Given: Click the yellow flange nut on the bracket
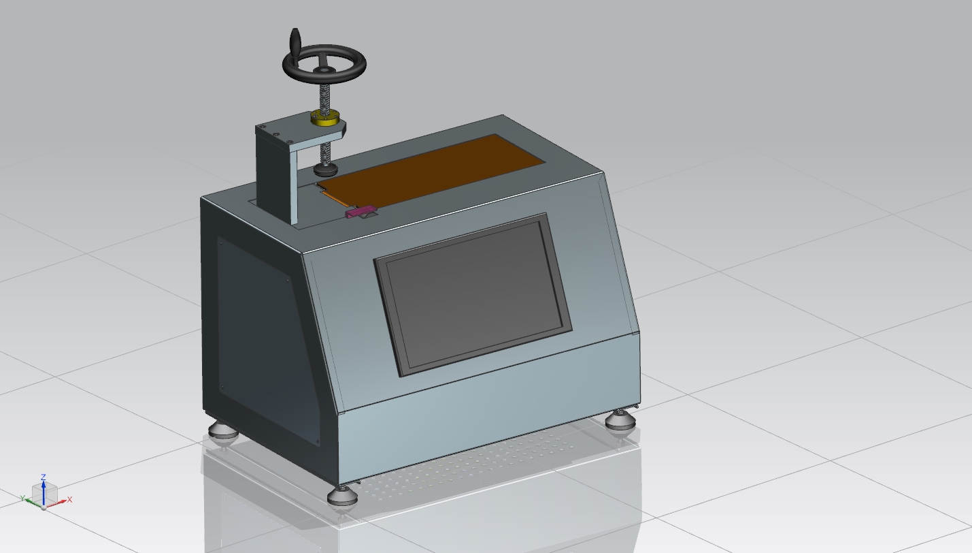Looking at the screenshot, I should (326, 118).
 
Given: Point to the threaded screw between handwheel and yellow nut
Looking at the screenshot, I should (326, 94).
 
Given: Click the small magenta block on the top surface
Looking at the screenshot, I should (359, 211).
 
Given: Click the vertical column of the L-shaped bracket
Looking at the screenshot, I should (275, 177).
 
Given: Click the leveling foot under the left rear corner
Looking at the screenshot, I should (222, 431).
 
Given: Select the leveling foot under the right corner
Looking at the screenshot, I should (620, 420).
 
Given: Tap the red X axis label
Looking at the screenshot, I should (70, 499).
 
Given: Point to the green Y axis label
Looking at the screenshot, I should (22, 499).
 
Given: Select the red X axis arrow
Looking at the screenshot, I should (57, 503).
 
